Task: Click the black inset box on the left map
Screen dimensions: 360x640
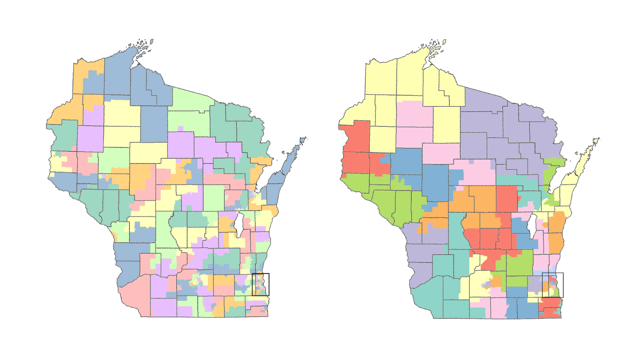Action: pos(261,274)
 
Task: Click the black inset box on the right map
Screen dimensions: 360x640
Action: pos(553,273)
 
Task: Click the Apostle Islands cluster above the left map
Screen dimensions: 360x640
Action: pos(143,47)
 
